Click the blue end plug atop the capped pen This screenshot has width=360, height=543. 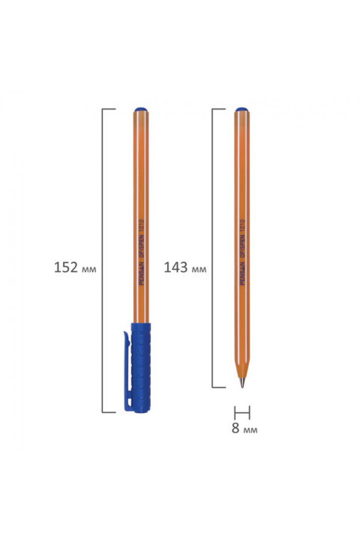(141, 109)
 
